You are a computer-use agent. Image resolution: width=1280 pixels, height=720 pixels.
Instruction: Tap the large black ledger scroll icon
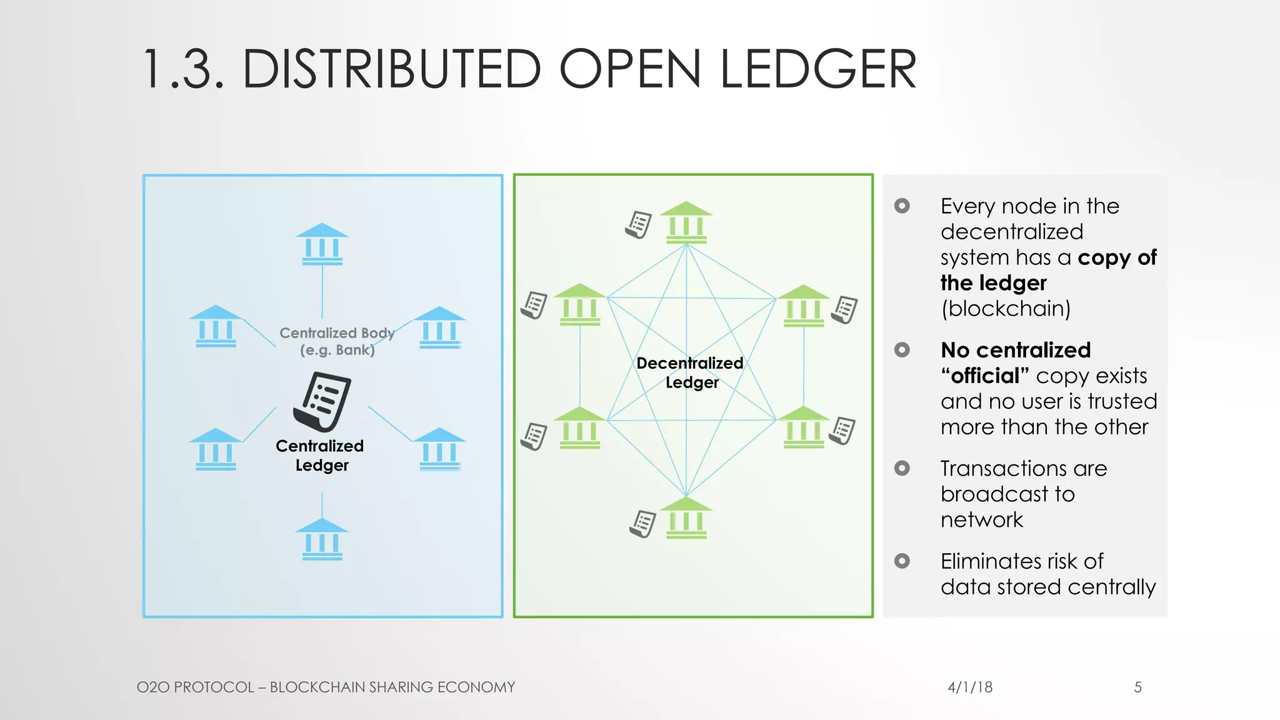(322, 402)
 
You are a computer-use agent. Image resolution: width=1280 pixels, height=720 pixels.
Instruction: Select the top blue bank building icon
(322, 244)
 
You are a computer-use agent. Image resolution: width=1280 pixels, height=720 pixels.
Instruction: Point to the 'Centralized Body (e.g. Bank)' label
(337, 341)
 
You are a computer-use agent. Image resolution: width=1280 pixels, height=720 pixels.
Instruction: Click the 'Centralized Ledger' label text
(320, 455)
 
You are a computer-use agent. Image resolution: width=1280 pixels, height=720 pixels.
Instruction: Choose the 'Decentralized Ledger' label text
(690, 372)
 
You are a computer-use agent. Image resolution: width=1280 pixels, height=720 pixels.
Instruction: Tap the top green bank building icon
(686, 222)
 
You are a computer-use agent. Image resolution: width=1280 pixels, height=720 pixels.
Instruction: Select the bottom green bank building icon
(686, 518)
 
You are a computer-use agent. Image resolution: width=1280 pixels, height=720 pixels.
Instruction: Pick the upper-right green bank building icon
(803, 306)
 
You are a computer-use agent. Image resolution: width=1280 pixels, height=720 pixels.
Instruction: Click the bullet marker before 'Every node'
(902, 206)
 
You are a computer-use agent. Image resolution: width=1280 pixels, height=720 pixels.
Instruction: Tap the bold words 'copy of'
(1117, 257)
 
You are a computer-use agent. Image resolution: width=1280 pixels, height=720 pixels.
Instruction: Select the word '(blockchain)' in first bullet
(1006, 309)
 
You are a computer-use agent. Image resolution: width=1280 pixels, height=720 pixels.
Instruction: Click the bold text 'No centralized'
(1016, 350)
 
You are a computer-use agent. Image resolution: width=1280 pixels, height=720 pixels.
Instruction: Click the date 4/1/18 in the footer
(970, 687)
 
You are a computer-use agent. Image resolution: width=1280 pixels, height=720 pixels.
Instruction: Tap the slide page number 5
(1137, 687)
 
